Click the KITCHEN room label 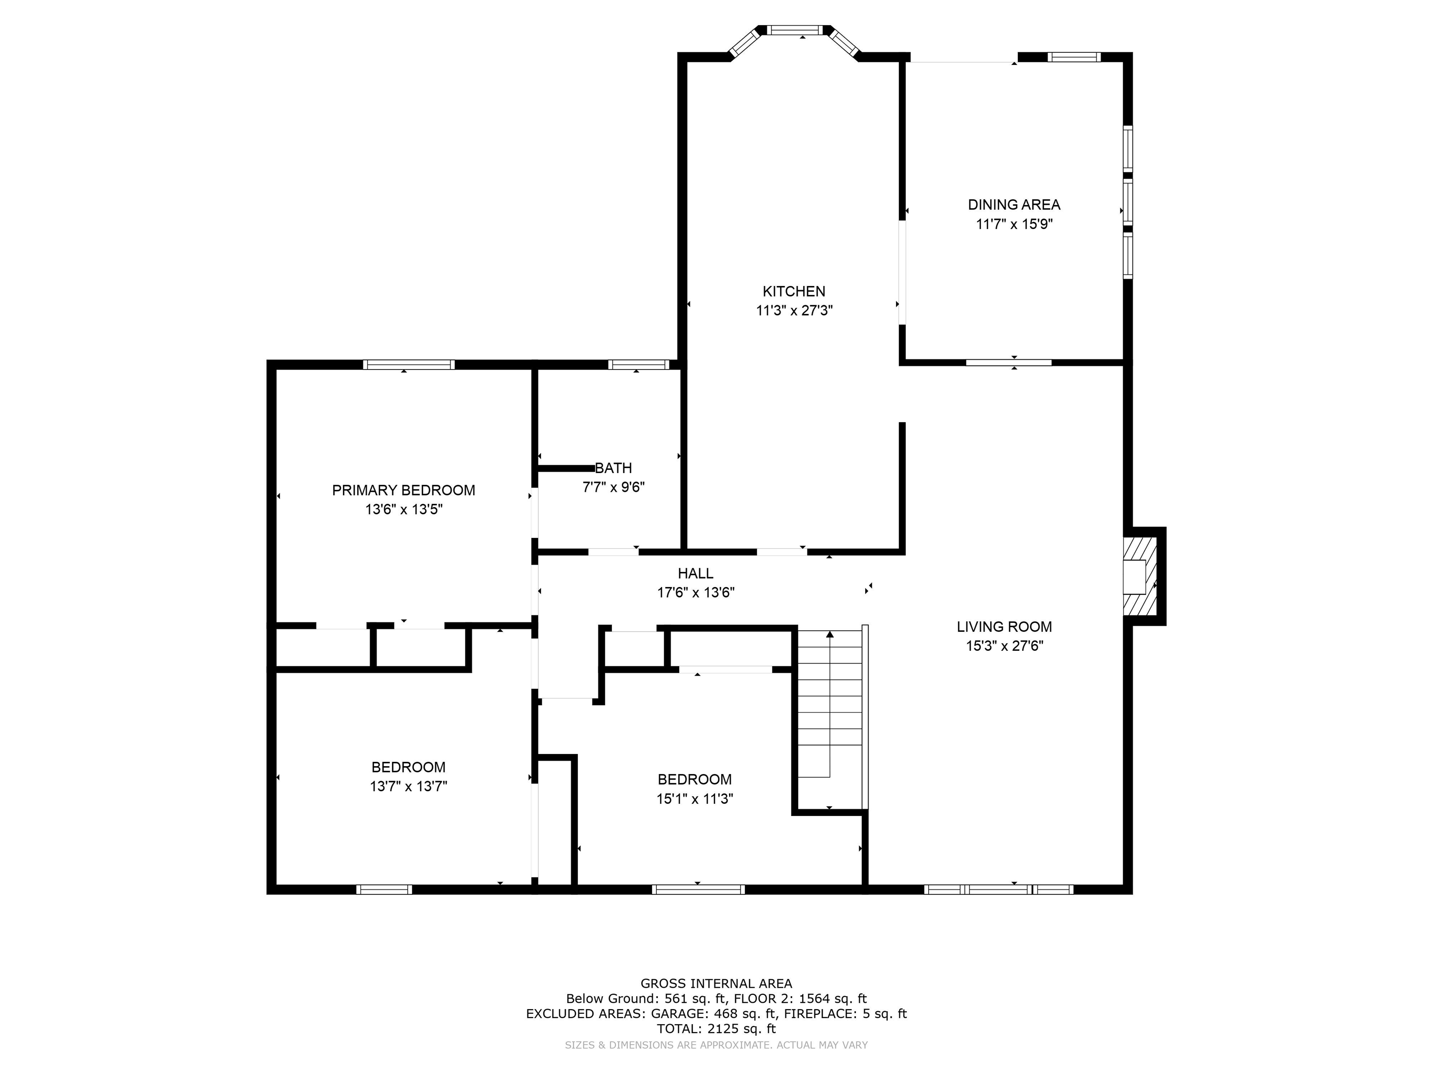tap(793, 292)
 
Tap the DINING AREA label tap(1014, 205)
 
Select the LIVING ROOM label tap(1004, 627)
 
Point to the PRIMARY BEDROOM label tap(403, 490)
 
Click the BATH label tap(613, 468)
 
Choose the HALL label tap(696, 573)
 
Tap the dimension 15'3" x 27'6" tap(1005, 646)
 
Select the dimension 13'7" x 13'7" tap(409, 787)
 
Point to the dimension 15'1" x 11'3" tap(695, 799)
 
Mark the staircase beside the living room tap(830, 719)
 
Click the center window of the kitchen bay tap(795, 30)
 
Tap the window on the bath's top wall tap(639, 365)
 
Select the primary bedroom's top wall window tap(409, 365)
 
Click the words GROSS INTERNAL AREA tap(716, 984)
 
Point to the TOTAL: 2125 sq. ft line tap(716, 1028)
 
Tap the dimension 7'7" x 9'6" tap(613, 487)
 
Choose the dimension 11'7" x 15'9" tap(1015, 224)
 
